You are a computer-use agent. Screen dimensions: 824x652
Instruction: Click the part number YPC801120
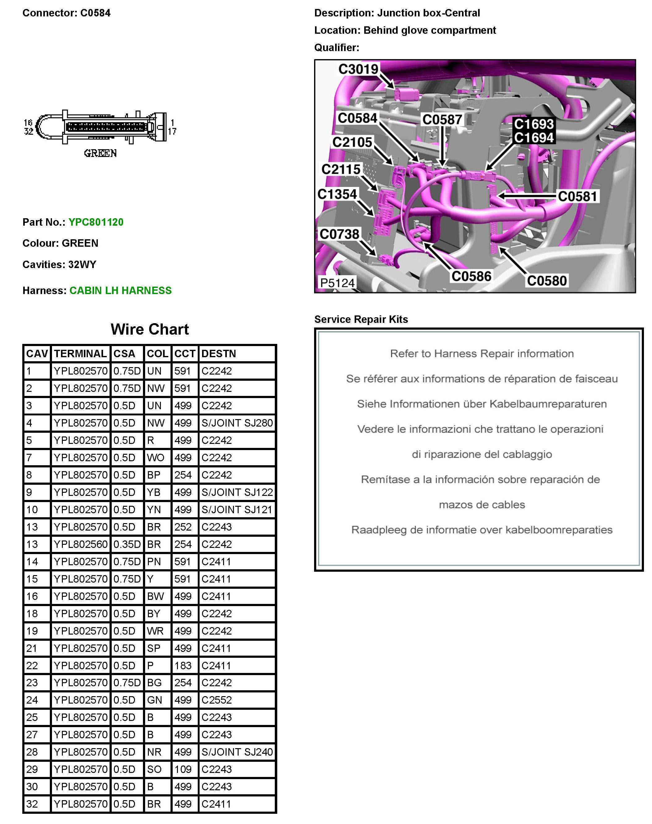pos(96,222)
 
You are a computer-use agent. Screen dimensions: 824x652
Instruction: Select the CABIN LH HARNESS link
pos(120,291)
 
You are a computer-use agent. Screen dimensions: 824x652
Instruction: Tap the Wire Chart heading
pos(150,329)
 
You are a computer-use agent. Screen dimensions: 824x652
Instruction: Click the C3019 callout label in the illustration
pos(358,69)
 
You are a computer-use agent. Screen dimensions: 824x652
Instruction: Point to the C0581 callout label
pos(577,196)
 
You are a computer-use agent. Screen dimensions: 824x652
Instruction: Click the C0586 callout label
pos(472,276)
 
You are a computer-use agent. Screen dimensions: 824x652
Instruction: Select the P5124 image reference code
pos(338,283)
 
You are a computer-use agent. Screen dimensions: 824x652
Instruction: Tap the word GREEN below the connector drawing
pos(100,154)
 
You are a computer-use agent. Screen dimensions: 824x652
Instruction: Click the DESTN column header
pos(219,353)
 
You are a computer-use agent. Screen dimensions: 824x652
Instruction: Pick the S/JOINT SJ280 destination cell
pos(237,423)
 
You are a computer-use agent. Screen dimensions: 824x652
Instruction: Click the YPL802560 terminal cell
pos(80,544)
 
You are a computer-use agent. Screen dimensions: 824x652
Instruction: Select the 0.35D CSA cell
pos(127,544)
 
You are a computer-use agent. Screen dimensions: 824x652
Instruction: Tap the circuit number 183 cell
pos(183,666)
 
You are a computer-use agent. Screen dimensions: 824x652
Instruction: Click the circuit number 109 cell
pos(183,769)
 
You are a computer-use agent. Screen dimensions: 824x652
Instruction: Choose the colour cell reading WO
pos(155,458)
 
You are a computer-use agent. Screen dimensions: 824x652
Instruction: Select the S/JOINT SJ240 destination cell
pos(237,752)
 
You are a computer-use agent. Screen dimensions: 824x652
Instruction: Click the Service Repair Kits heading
pos(361,319)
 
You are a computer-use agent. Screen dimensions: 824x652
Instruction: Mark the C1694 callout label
pos(534,137)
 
